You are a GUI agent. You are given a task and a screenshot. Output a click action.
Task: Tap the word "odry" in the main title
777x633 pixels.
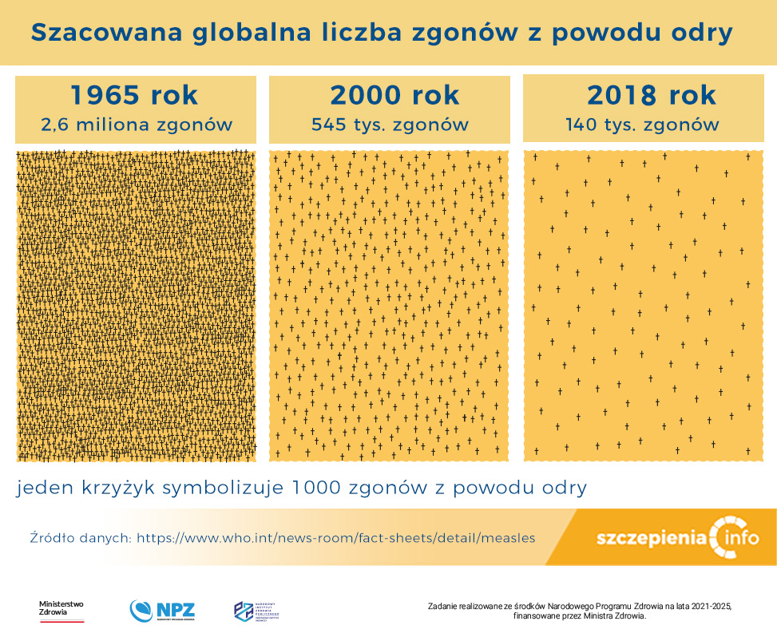click(x=698, y=33)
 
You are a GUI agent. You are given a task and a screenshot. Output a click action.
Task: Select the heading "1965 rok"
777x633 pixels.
click(x=134, y=95)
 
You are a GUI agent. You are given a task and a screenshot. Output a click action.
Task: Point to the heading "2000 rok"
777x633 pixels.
click(x=394, y=95)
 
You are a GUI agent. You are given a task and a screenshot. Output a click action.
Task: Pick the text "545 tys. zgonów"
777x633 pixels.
click(x=390, y=125)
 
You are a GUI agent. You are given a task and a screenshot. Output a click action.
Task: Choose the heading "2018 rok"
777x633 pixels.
click(x=652, y=95)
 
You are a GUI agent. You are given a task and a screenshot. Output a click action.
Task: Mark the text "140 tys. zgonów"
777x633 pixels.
click(x=642, y=125)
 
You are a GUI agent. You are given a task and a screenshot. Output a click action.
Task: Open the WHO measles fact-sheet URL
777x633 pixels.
click(x=335, y=538)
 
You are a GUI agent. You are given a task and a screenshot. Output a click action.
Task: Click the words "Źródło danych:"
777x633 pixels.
click(x=80, y=538)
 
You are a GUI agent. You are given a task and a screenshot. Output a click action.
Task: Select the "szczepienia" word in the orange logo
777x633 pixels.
click(x=652, y=537)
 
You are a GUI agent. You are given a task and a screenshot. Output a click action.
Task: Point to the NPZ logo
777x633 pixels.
click(x=162, y=611)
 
